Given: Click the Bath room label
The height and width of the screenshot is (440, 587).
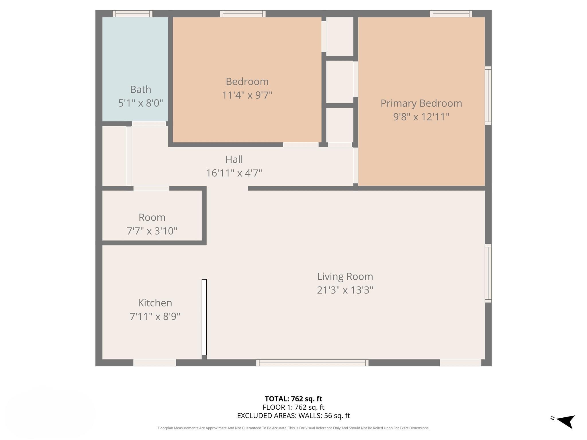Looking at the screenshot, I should coord(140,89).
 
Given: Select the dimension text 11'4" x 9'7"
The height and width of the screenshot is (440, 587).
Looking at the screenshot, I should coord(247,95).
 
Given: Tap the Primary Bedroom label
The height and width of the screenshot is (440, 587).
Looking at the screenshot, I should coord(421,103).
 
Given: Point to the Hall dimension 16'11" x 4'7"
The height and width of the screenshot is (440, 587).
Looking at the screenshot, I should coord(234,173).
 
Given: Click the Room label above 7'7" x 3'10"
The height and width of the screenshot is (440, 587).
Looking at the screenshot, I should coord(152,217).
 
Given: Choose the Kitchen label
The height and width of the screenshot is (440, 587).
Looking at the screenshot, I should coord(155,303).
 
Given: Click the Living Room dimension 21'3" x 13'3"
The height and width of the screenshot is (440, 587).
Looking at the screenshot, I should coord(345,290).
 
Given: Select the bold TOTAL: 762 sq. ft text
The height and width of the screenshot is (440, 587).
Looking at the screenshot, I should coord(293,399).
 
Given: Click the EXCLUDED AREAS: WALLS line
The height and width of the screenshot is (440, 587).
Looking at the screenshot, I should coord(293,415).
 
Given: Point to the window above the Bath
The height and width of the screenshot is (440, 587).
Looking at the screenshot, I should coord(132,13).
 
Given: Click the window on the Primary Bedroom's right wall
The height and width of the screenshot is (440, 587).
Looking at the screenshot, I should coord(488,95).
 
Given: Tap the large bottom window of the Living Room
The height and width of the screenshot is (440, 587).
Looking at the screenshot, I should coord(312,363).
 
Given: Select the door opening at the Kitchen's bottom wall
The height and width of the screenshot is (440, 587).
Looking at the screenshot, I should coord(154,363).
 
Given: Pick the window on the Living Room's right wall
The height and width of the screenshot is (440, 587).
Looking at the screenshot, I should coord(488,273).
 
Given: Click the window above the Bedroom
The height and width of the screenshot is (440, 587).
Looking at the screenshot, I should coord(242,13).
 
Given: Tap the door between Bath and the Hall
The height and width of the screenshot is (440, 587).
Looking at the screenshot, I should coord(149,124).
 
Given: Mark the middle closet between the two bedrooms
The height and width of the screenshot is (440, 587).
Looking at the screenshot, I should coord(340,82).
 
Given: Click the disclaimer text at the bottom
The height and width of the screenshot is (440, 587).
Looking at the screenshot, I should coord(293,428).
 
